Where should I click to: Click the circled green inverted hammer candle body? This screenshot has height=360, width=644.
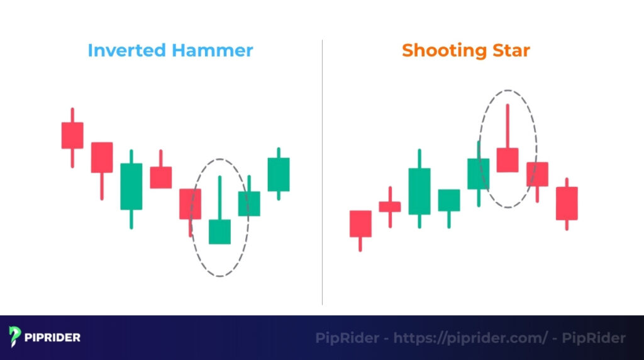click(219, 231)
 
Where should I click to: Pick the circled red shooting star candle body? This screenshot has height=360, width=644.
click(508, 160)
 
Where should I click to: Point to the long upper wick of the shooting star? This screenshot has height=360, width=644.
click(508, 126)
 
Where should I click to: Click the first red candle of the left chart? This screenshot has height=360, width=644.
click(72, 135)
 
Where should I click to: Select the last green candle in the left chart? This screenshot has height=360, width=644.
click(279, 174)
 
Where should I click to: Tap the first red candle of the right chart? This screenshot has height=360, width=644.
click(360, 223)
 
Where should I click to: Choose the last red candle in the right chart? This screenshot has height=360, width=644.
click(567, 203)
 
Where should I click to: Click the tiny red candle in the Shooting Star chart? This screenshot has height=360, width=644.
click(390, 206)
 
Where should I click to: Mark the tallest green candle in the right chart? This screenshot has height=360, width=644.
click(419, 191)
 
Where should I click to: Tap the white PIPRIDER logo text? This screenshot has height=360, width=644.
click(53, 338)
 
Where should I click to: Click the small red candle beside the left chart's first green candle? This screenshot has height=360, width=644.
click(160, 177)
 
